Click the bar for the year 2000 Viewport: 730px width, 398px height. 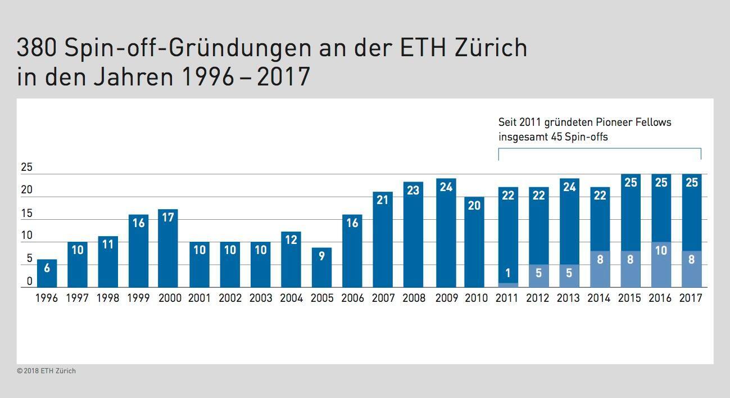(168, 248)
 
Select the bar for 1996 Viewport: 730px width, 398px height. (47, 274)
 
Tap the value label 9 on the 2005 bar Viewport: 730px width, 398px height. (321, 256)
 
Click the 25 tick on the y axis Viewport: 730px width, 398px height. (26, 168)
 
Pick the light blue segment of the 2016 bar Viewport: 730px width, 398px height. (661, 265)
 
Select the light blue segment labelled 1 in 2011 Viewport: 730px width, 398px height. (508, 285)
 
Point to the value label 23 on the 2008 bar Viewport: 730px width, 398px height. (413, 190)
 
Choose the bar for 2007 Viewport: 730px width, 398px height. (383, 239)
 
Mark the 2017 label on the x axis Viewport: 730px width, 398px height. (691, 298)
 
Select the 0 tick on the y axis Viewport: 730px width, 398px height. (30, 281)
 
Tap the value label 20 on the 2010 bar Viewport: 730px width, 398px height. (474, 206)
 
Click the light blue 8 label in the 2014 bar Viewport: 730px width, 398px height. (600, 260)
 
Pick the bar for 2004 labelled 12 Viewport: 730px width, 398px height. (291, 260)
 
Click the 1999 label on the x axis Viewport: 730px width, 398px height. (138, 298)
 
